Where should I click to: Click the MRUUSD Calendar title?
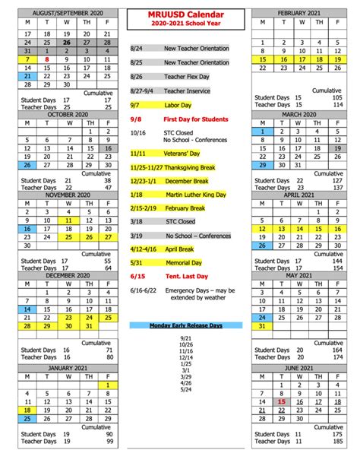pyautogui.click(x=180, y=14)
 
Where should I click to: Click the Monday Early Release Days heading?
pyautogui.click(x=185, y=325)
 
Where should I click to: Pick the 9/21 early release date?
pyautogui.click(x=185, y=338)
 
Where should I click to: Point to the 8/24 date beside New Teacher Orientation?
pyautogui.click(x=136, y=49)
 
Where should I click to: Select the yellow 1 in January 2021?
pyautogui.click(x=109, y=385)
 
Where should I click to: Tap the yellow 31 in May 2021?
pyautogui.click(x=263, y=325)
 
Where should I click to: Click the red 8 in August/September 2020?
pyautogui.click(x=47, y=59)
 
